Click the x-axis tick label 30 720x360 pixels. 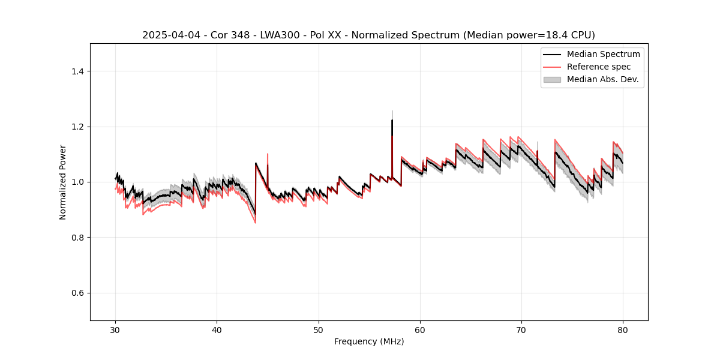[115, 330]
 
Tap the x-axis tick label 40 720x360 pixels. [217, 330]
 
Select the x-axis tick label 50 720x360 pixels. [319, 330]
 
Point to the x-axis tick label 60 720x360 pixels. [420, 330]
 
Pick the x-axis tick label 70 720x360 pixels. [521, 330]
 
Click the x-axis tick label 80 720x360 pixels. [623, 330]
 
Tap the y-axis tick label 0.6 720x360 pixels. [77, 293]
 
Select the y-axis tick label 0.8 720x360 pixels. [77, 238]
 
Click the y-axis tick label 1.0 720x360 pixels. [77, 182]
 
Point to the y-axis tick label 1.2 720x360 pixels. [77, 127]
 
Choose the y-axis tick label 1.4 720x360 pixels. [77, 71]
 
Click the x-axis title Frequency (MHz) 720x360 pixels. [369, 341]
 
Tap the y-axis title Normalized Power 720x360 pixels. [63, 182]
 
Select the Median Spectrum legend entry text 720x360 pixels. [603, 54]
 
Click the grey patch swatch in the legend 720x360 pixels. [552, 79]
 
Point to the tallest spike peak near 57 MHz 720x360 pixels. [392, 120]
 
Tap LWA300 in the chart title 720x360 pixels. [281, 35]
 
